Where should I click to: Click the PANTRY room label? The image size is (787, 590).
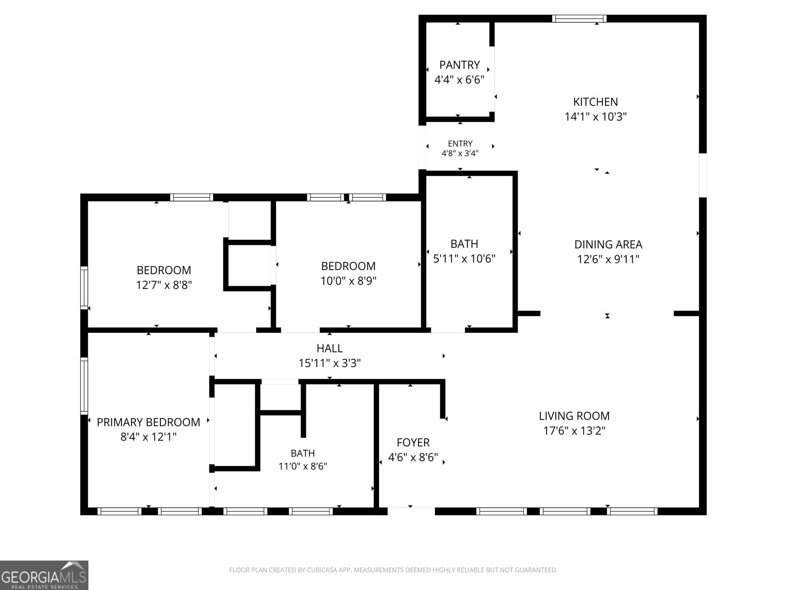(x=459, y=65)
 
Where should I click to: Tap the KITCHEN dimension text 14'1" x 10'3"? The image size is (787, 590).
(x=596, y=117)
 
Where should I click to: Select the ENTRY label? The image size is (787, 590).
(x=460, y=144)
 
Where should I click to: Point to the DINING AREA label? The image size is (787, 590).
(x=608, y=244)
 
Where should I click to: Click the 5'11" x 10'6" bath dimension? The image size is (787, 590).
(x=464, y=259)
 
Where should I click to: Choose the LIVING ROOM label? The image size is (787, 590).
(x=574, y=416)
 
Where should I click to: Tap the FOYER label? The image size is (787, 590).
(x=413, y=442)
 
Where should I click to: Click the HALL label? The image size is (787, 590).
(x=330, y=348)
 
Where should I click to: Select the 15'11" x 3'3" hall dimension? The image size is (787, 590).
(x=330, y=363)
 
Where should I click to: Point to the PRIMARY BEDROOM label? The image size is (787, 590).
(x=149, y=422)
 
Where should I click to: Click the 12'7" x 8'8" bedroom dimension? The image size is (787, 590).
(x=164, y=285)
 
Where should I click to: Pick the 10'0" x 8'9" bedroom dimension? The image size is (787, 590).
(x=348, y=281)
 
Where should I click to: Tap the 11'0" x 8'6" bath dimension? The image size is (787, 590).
(x=303, y=466)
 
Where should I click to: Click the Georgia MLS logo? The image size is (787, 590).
(x=44, y=575)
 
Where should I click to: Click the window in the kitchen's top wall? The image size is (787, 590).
(x=579, y=19)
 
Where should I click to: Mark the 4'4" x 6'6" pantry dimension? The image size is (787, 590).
(x=459, y=80)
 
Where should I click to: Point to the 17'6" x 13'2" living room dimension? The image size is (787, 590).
(x=574, y=431)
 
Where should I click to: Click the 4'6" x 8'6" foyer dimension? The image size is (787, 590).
(x=413, y=457)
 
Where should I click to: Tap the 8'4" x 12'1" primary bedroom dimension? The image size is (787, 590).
(x=149, y=437)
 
